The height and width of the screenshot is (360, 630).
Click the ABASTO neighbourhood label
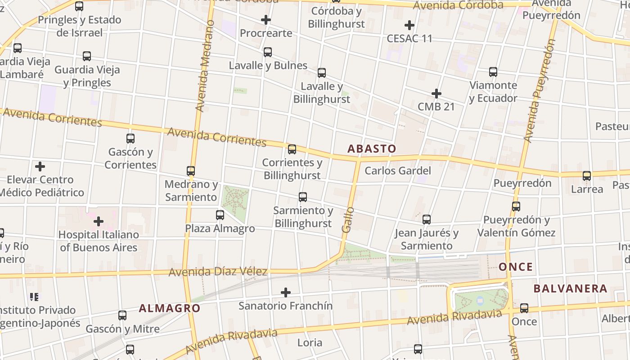[x=372, y=148]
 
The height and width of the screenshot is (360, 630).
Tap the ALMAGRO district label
[x=169, y=308]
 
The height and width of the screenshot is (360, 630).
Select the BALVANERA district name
[x=570, y=288]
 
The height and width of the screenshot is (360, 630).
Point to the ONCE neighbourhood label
[x=516, y=267]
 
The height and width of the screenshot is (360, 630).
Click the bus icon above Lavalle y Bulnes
[x=268, y=52]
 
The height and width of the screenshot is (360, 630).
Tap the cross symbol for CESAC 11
[x=409, y=25]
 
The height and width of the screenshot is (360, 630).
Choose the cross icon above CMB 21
[x=436, y=94]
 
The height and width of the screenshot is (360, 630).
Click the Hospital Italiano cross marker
[x=99, y=221]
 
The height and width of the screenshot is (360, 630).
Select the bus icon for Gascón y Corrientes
[x=130, y=139]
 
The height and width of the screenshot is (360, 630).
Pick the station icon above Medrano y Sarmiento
[x=191, y=171]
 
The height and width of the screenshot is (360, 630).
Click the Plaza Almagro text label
[x=220, y=229]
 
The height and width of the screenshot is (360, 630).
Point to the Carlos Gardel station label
[x=398, y=171]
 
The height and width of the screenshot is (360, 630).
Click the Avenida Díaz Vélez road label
[x=218, y=272]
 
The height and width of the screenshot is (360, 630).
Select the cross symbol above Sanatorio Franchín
[x=285, y=293]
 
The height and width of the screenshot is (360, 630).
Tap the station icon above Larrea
[x=587, y=176]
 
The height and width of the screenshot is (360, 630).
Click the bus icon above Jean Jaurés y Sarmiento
[x=427, y=220]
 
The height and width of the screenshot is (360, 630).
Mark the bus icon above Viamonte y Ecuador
[x=493, y=72]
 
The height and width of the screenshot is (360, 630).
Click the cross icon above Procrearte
[x=266, y=20]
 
